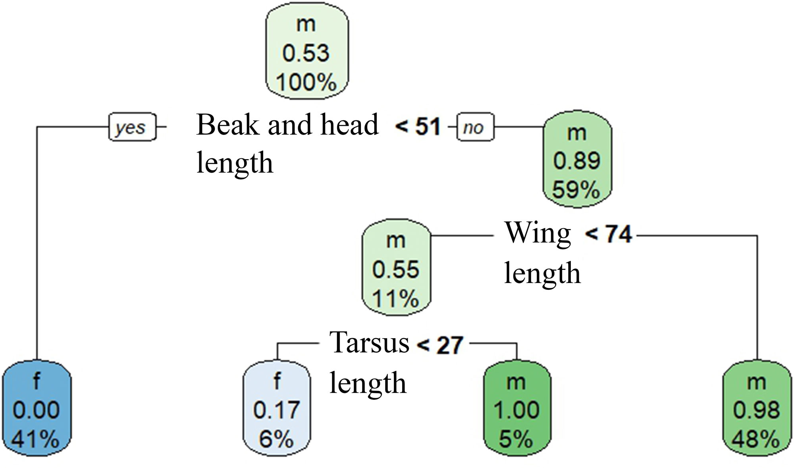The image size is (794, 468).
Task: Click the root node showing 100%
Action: (x=306, y=52)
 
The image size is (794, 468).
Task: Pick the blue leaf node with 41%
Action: (x=36, y=409)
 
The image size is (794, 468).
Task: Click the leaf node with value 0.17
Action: (x=277, y=409)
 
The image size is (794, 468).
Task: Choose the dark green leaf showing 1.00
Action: (x=516, y=409)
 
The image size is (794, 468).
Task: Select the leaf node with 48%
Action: (x=756, y=409)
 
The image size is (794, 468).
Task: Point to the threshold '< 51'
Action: (x=418, y=127)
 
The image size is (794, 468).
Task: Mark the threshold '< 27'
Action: (x=440, y=345)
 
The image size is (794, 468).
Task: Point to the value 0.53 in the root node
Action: (x=306, y=53)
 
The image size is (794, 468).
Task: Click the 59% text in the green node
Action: (x=576, y=190)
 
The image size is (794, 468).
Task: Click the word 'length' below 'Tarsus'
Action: (x=368, y=383)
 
